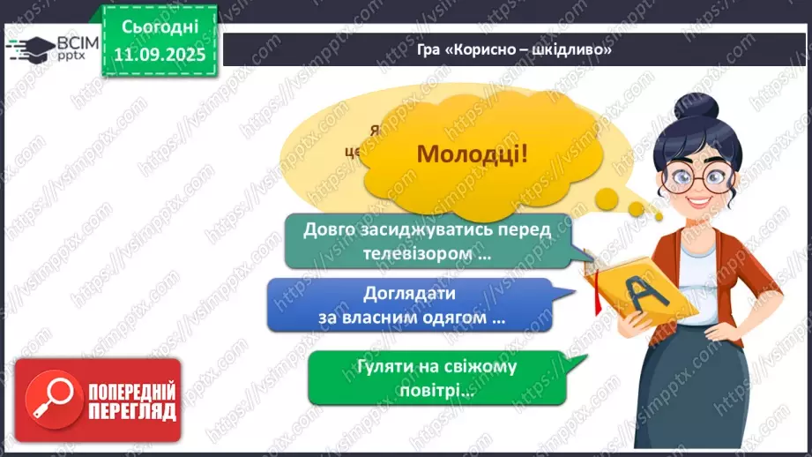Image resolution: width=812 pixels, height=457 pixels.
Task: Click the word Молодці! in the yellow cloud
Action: pos(473,154)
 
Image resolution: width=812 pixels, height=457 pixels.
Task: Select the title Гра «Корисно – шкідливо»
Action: pos(515,49)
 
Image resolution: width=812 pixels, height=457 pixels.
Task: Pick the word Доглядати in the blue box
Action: pos(408,294)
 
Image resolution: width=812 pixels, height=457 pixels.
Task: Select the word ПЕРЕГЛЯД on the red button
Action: pos(131,411)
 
